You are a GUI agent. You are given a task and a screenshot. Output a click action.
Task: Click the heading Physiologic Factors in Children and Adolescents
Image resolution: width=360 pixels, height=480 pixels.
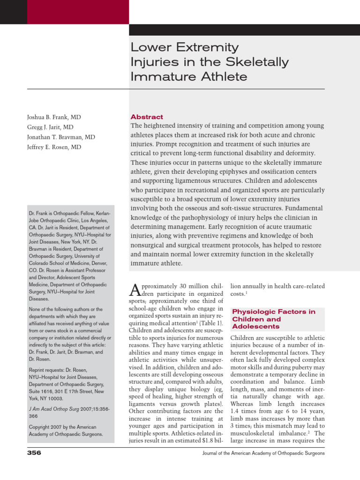273,319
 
